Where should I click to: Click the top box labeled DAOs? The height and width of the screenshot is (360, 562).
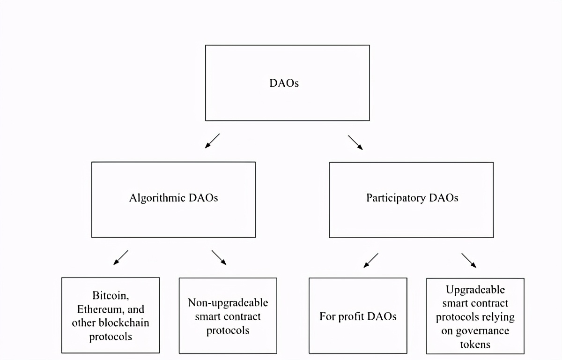287,83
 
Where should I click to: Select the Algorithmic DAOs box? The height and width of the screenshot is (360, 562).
173,200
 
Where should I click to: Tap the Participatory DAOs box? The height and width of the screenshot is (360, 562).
411,200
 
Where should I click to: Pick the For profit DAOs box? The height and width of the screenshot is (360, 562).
358,315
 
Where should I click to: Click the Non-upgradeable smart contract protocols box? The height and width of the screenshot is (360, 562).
228,315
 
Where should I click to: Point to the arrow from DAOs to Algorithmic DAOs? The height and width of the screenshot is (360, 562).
212,141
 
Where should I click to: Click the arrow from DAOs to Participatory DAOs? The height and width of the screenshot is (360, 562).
355,142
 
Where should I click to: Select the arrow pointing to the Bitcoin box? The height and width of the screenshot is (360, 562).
121,257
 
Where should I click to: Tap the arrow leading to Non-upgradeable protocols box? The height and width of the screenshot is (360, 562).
219,257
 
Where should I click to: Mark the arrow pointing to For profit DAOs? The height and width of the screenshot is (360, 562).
371,260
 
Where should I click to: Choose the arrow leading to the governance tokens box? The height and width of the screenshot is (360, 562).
469,260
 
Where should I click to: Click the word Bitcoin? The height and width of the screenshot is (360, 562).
111,296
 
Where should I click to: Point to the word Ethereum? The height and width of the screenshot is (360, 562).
98,309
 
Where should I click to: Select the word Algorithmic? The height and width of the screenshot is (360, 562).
157,198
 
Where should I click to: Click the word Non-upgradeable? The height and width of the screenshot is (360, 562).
228,302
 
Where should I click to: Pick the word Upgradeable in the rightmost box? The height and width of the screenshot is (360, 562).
475,290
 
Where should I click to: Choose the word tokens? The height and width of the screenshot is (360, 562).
475,344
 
